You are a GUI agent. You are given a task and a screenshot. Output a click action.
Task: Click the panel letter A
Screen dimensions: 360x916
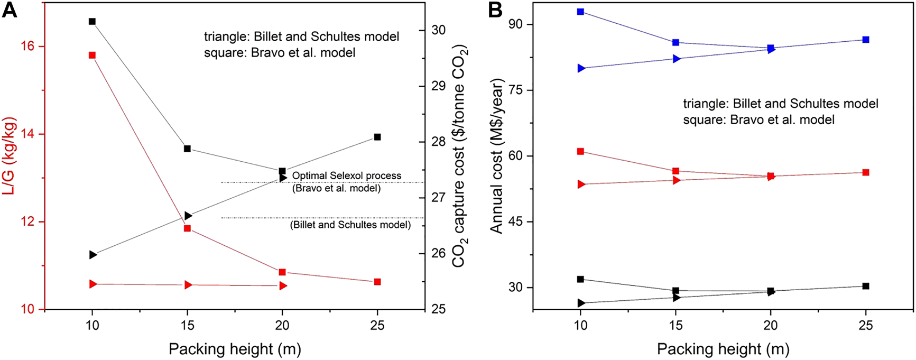point(10,10)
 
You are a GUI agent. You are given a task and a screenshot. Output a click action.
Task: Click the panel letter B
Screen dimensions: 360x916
point(495,10)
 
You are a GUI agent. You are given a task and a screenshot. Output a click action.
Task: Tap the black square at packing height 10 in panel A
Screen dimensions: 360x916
point(92,22)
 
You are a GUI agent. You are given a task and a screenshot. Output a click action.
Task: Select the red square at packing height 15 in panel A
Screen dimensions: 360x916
point(187,228)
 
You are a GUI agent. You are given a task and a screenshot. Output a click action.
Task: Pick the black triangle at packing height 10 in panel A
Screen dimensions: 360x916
point(93,255)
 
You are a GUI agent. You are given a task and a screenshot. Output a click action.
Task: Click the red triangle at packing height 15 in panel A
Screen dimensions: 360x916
point(188,285)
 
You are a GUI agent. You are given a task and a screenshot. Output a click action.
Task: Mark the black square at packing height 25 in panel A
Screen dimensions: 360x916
point(377,137)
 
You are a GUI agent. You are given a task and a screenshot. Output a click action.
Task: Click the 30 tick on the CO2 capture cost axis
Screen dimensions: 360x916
point(438,30)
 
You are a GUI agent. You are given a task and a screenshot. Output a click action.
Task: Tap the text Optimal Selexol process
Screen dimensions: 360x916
point(346,176)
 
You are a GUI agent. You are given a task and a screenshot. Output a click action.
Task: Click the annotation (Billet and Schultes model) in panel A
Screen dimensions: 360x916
point(350,225)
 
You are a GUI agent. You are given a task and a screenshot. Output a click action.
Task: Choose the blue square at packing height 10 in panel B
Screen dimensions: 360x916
point(580,12)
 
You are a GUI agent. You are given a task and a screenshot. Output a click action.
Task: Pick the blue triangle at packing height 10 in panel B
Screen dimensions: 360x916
point(581,68)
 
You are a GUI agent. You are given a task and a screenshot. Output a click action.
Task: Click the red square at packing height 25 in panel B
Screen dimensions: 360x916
point(866,172)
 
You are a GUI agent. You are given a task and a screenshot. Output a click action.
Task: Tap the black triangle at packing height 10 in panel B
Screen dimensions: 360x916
point(581,303)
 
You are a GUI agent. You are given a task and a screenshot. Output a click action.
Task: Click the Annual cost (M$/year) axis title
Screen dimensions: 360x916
point(496,155)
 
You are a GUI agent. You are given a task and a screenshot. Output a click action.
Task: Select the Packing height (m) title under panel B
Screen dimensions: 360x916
point(723,349)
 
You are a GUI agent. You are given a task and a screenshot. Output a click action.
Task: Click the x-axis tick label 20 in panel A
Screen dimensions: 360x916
point(282,325)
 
